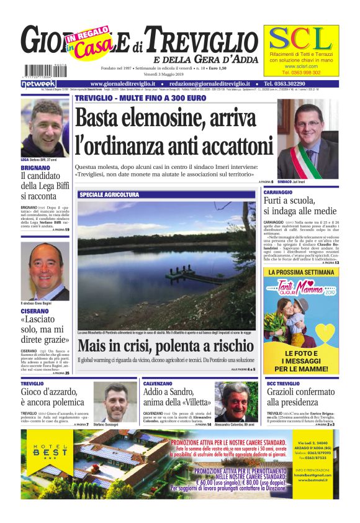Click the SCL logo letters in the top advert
click(x=301, y=39)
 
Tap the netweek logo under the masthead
click(x=38, y=83)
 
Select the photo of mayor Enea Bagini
click(x=45, y=271)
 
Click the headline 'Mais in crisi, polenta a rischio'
click(x=165, y=347)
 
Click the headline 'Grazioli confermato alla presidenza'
click(x=301, y=397)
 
